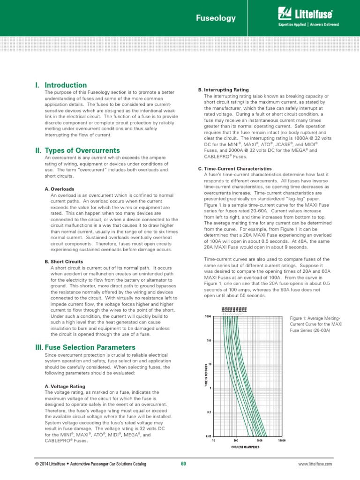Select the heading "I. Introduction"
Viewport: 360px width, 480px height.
60,85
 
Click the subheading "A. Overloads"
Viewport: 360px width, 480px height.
63,189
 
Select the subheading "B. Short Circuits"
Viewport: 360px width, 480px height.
67,261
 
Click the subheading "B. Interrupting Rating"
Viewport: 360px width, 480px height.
223,90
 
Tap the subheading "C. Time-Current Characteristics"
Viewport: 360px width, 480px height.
235,168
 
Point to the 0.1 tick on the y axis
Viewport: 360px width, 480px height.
209,412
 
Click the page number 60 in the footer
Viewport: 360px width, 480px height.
183,464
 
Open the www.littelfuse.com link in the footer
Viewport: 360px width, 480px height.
315,464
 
